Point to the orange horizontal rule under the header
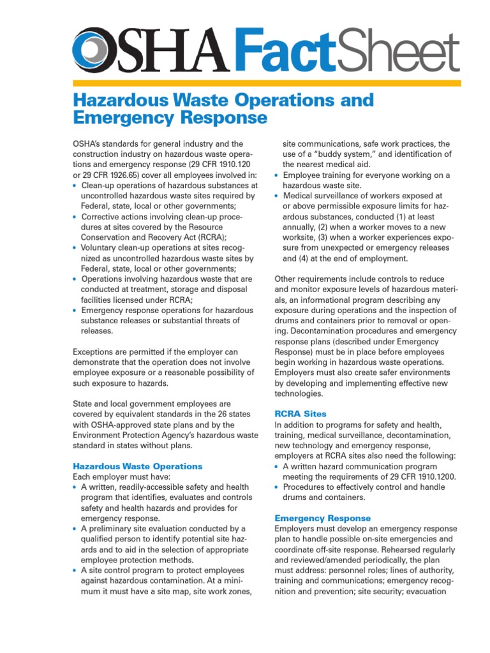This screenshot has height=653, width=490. (267, 83)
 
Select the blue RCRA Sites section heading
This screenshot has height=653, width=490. (300, 414)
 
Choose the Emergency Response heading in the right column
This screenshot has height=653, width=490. (322, 518)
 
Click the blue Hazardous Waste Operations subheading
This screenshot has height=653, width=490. (138, 466)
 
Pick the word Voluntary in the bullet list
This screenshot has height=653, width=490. (101, 248)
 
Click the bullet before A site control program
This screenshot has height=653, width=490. (75, 571)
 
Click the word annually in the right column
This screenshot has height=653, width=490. (302, 228)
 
